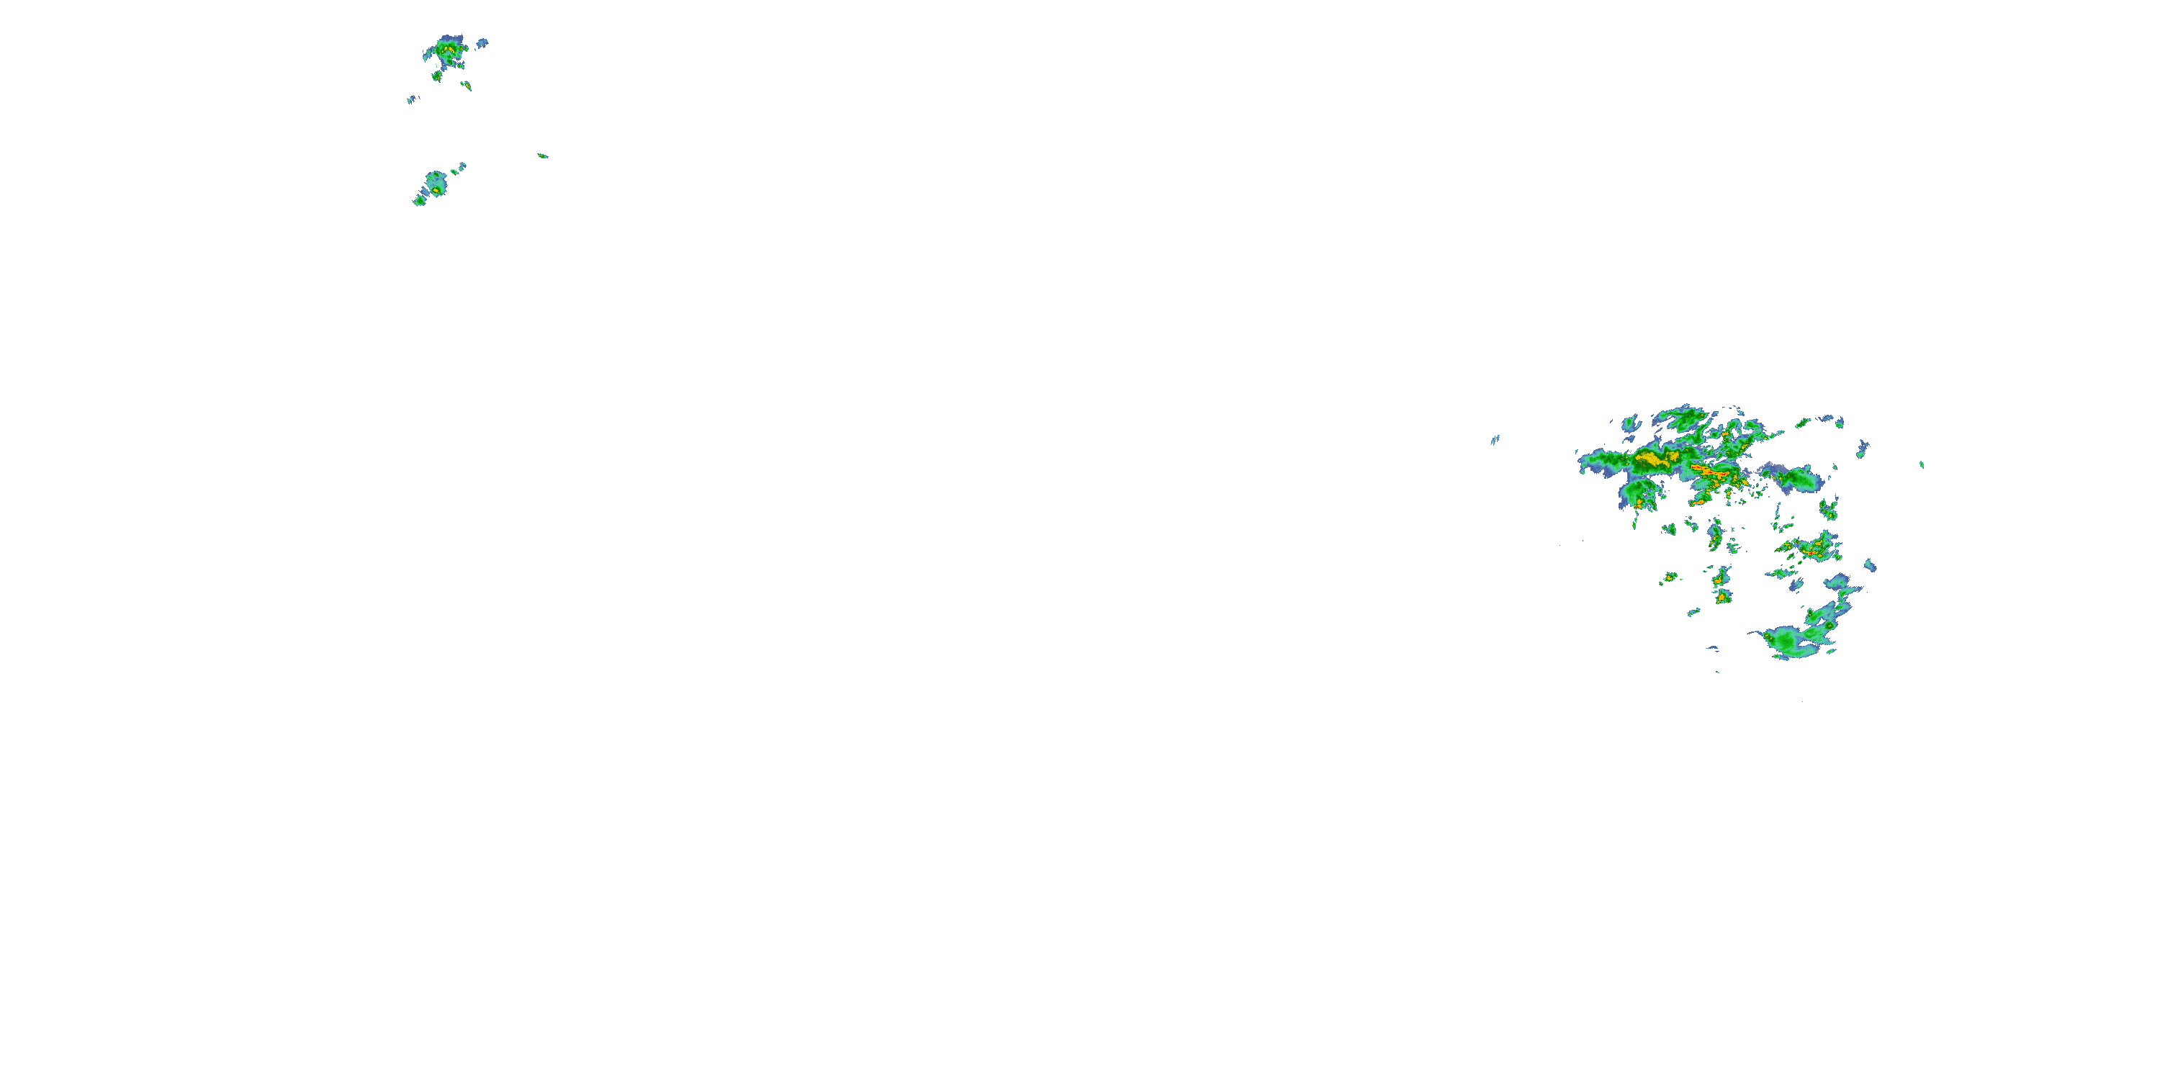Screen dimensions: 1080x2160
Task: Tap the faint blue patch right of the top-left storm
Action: click(482, 42)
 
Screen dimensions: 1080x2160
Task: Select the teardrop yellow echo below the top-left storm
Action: click(467, 86)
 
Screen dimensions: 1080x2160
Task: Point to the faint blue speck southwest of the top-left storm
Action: click(412, 100)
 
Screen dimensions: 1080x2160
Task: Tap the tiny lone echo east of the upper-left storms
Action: click(542, 155)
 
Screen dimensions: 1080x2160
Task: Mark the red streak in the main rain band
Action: click(1707, 470)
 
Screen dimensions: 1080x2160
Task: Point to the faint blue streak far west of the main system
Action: click(1494, 439)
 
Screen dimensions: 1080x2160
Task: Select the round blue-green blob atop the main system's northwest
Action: click(1631, 423)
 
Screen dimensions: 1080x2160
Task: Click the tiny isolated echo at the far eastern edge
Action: click(1922, 464)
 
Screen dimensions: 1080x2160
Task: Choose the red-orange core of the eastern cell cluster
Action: click(1812, 552)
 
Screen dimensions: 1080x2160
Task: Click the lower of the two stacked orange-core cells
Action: click(1721, 597)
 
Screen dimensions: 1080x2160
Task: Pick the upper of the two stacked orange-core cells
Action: click(1722, 577)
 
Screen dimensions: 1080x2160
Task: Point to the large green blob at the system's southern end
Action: click(1790, 642)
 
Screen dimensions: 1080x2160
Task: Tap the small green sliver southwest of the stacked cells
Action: click(1693, 612)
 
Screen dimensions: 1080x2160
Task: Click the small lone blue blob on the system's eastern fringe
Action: click(1870, 566)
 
